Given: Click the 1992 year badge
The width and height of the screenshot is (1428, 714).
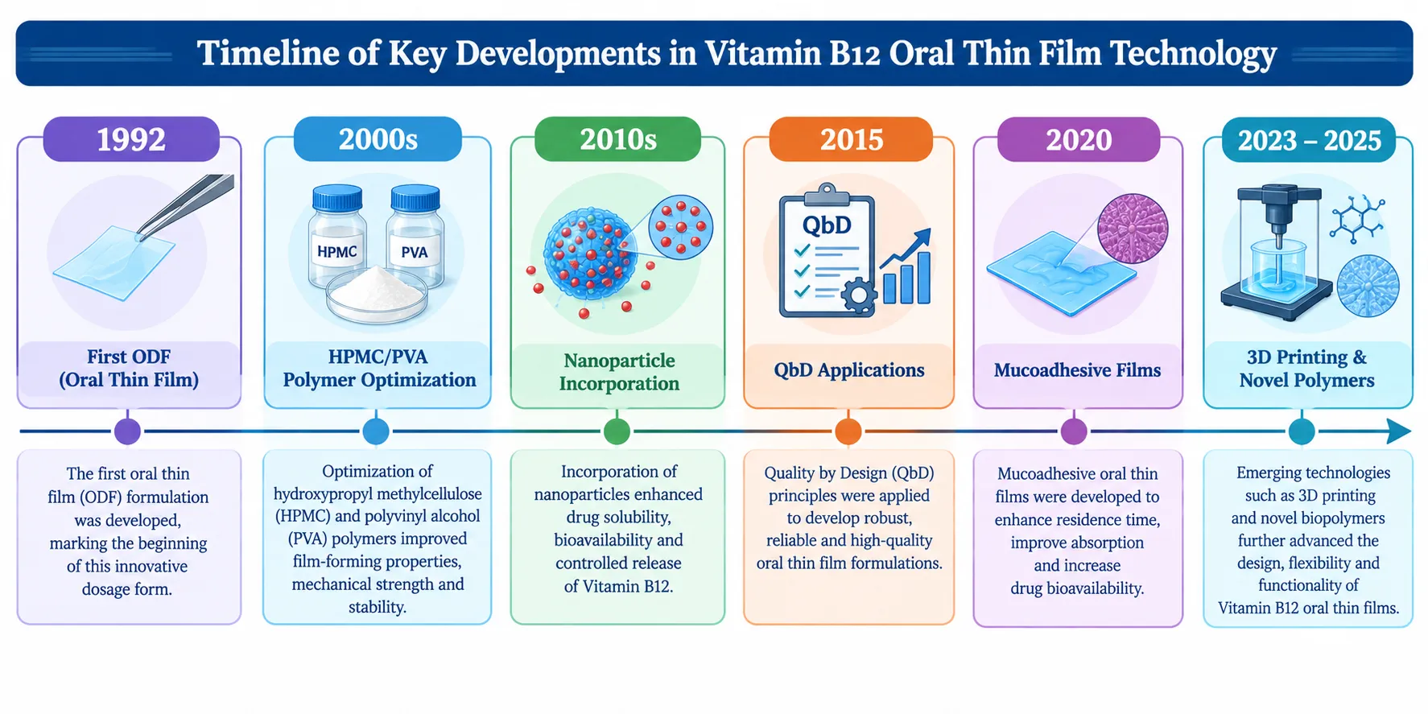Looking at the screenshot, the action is [x=131, y=139].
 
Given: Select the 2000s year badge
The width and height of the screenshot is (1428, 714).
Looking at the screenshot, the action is [x=378, y=139].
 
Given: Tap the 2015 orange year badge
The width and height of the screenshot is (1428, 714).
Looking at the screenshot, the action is [x=851, y=139].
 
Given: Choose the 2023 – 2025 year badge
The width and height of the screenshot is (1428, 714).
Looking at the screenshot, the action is [x=1309, y=140].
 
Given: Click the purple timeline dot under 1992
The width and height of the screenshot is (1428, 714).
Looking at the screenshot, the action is [x=127, y=431].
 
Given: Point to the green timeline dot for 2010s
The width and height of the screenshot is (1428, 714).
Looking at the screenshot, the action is [x=617, y=431].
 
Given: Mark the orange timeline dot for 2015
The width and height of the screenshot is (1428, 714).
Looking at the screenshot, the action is [x=848, y=431].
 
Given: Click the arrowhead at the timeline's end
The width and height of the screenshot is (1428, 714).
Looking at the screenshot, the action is [x=1399, y=431].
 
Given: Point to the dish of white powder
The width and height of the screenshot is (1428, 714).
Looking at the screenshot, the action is [x=376, y=294].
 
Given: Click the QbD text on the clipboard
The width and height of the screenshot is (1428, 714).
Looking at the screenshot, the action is [x=827, y=225].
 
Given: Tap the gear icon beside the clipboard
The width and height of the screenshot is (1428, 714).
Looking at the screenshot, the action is [x=859, y=295].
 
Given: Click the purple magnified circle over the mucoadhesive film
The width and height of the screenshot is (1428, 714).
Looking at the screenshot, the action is [x=1133, y=229].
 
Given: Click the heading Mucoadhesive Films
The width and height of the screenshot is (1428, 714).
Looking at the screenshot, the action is [x=1077, y=370].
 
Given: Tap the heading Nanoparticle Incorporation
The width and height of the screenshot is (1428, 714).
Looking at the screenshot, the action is [x=619, y=372].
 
